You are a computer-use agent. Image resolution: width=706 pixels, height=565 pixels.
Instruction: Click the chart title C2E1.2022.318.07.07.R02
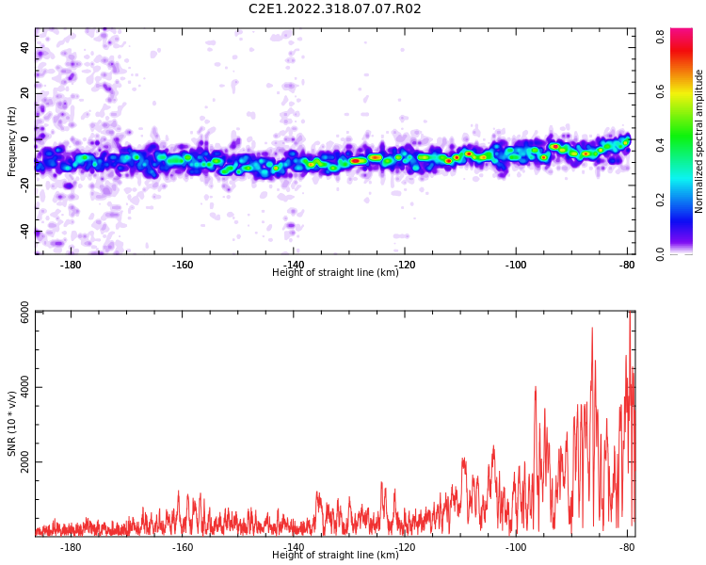335,8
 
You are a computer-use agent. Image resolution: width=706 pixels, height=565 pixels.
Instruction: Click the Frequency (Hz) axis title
11,141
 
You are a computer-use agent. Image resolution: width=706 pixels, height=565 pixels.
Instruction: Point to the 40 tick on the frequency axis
24,47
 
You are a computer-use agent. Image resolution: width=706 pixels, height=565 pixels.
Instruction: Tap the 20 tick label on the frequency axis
24,93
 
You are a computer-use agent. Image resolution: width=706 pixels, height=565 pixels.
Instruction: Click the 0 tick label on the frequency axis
24,139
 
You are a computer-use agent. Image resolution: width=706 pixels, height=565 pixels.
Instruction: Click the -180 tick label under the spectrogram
71,265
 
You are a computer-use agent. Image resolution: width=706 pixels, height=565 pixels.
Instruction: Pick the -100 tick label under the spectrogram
516,265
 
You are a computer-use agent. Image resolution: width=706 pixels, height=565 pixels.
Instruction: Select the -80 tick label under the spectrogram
627,265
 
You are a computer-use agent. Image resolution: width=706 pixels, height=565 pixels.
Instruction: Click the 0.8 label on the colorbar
661,36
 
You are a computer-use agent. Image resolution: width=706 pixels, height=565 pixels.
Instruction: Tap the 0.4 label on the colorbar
661,145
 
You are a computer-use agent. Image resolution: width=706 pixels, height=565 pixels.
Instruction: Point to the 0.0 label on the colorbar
661,254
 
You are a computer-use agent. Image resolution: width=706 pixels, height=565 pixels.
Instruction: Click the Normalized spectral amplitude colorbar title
698,141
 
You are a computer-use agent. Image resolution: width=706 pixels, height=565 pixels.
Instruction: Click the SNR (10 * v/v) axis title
11,424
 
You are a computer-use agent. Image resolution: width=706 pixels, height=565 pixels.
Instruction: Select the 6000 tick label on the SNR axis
24,313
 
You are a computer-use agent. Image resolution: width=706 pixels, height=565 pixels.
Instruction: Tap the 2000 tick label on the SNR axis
24,461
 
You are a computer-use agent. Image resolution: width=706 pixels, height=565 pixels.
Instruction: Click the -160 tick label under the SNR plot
182,547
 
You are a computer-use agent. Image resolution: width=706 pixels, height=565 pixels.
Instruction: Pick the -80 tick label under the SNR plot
627,547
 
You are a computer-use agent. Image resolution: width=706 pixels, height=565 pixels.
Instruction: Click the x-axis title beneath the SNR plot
335,555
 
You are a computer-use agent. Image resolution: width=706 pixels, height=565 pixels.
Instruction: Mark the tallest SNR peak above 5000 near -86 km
592,328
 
